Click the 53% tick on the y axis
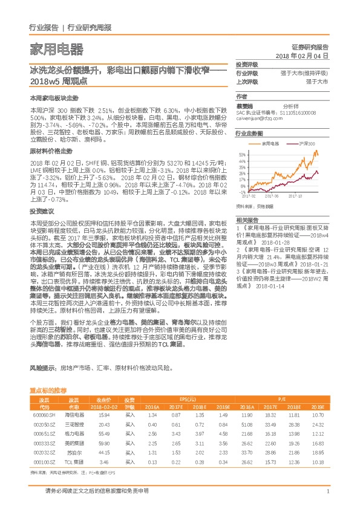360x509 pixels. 241,154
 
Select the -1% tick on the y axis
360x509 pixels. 241,192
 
